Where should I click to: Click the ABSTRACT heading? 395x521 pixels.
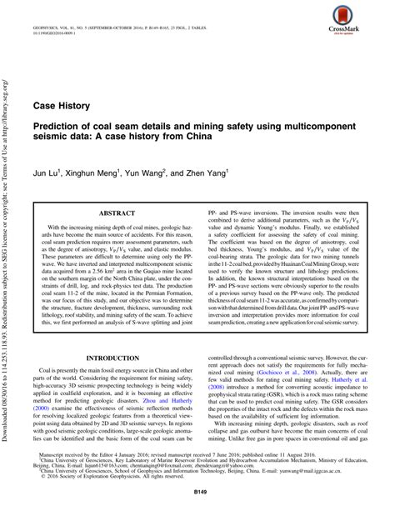point(117,213)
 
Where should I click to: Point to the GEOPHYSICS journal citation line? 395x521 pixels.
point(133,14)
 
